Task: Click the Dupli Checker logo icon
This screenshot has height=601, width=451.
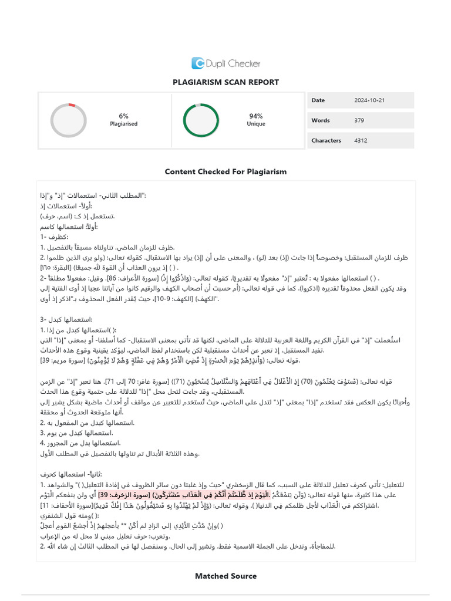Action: [198, 63]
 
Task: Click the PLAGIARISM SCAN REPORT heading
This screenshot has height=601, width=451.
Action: [225, 82]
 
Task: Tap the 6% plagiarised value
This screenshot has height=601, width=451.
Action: [124, 116]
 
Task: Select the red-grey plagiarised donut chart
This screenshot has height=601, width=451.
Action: [69, 120]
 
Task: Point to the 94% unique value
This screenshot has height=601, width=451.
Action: [255, 116]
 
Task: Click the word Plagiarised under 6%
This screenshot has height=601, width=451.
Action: [124, 124]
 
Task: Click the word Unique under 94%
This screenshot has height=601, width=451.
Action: [255, 124]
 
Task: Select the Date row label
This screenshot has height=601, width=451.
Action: [318, 100]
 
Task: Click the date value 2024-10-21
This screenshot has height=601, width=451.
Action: [369, 100]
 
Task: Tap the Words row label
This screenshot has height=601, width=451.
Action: [320, 120]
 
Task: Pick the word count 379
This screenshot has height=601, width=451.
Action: [359, 120]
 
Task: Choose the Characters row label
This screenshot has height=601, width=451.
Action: [326, 140]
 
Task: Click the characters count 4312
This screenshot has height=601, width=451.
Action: [361, 140]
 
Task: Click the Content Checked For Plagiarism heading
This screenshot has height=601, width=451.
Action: [225, 171]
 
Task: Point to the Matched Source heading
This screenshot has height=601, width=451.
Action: [225, 576]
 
